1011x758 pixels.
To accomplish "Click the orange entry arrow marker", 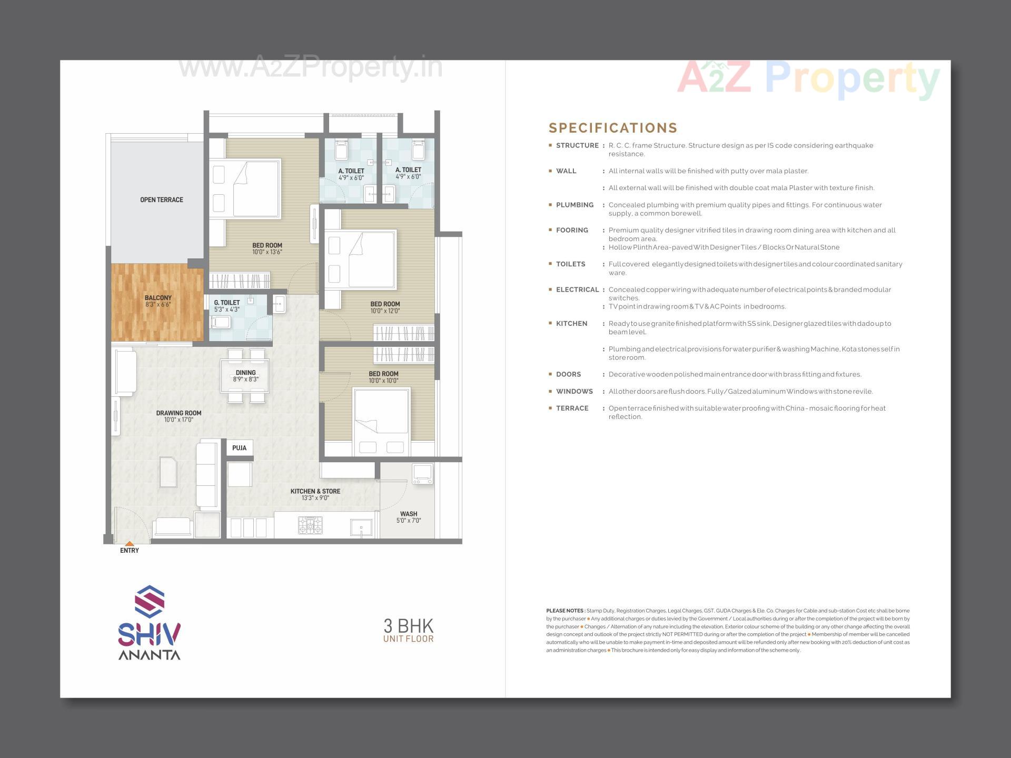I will [x=130, y=543].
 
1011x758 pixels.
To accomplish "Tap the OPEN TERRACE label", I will [x=162, y=200].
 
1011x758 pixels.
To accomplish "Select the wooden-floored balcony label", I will [x=158, y=298].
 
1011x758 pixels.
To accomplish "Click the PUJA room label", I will [x=239, y=448].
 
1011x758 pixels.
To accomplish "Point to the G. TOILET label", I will [x=227, y=303].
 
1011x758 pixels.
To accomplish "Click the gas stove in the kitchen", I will [x=310, y=525].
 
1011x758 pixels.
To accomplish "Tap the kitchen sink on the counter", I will [x=361, y=527].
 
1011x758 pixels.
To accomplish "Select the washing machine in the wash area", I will [x=422, y=474].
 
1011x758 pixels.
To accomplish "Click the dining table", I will [x=245, y=376].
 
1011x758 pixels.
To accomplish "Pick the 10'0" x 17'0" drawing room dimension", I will [x=179, y=420].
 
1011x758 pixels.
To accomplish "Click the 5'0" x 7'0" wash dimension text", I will [x=409, y=521].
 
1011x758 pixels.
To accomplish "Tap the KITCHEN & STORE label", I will [x=315, y=491].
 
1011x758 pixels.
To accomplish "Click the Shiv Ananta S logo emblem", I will [x=150, y=602].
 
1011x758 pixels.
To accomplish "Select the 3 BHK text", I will [x=408, y=626].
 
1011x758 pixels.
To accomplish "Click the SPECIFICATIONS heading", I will [x=613, y=128].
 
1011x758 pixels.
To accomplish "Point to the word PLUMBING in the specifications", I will [x=574, y=205].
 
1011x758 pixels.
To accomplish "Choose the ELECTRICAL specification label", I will [x=577, y=290].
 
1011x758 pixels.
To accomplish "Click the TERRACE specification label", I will [x=572, y=408].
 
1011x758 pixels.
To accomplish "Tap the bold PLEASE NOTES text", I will [x=565, y=611].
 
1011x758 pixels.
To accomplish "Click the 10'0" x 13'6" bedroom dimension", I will [x=267, y=252].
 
